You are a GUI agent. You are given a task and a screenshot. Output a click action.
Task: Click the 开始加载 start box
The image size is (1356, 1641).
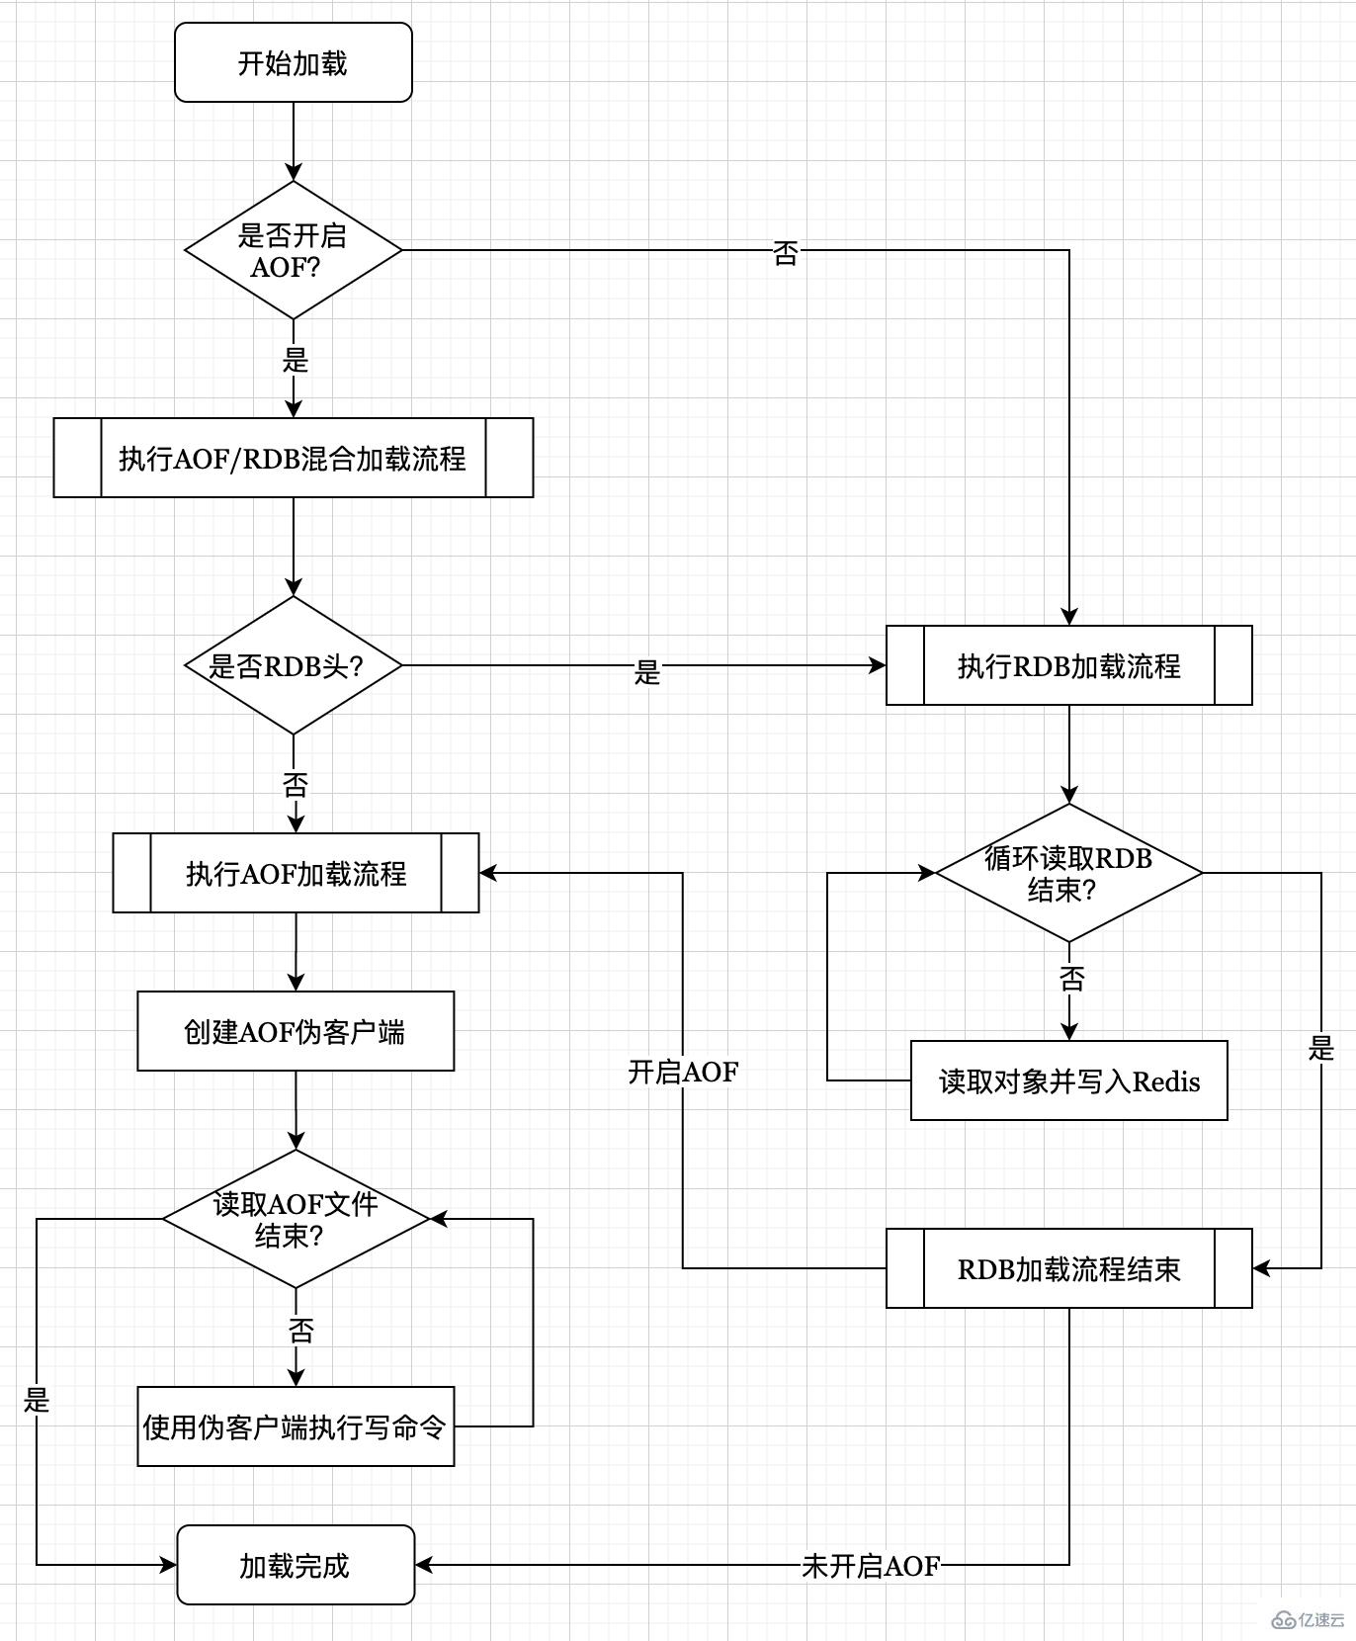pos(293,63)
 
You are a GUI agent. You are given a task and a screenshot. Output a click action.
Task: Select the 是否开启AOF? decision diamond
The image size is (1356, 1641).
pos(293,250)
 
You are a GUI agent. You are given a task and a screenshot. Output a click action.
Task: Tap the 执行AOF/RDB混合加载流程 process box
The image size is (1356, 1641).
pos(293,458)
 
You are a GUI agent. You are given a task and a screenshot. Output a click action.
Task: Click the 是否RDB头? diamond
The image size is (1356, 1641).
pos(293,665)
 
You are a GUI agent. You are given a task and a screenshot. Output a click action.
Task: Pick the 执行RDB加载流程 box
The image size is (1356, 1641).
pos(1068,665)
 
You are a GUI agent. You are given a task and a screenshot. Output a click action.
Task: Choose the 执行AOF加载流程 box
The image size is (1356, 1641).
pos(296,873)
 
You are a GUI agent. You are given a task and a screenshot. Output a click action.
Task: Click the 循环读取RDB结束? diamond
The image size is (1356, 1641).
pos(1068,873)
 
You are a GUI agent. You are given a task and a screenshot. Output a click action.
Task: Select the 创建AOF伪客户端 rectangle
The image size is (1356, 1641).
pos(295,1031)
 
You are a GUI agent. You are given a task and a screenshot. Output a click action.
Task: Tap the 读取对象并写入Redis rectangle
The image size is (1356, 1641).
pos(1068,1080)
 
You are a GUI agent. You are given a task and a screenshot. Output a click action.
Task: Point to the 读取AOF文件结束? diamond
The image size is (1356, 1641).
pos(296,1219)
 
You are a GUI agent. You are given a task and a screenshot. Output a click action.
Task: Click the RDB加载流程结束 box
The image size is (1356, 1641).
pos(1068,1268)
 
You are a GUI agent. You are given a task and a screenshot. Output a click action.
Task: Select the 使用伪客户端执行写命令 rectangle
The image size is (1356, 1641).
pos(295,1426)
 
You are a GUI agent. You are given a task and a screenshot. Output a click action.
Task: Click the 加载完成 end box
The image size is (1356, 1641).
pos(295,1565)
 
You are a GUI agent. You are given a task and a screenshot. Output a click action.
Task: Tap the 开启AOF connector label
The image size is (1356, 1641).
pos(683,1072)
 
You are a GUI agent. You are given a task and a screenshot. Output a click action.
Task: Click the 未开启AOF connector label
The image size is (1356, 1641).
pos(870,1566)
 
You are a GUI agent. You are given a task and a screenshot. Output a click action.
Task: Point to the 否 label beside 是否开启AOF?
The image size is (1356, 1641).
pos(785,253)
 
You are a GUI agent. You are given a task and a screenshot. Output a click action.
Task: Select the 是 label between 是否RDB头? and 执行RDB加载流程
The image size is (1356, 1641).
pos(646,672)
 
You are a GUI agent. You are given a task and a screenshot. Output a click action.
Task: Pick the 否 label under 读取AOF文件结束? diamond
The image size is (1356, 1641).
pos(300,1330)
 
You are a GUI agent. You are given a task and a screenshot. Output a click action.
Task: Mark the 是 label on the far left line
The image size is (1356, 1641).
pos(37,1400)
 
